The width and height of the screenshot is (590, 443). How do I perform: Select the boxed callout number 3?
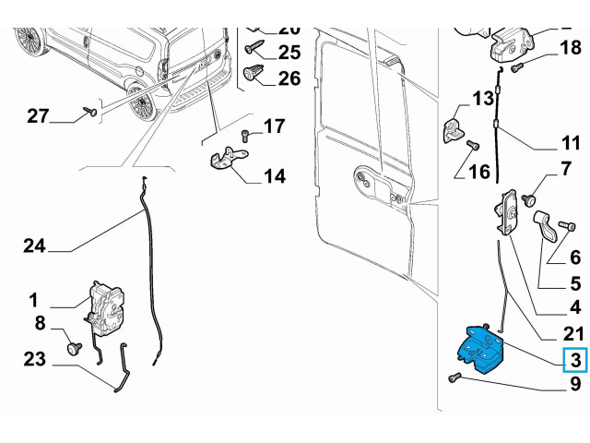click(x=574, y=359)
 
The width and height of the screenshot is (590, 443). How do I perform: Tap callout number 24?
click(x=34, y=245)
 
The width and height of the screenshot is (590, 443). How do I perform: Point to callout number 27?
click(x=37, y=115)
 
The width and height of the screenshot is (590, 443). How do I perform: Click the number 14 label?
click(x=274, y=175)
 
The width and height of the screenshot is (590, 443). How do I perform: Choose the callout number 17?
click(x=274, y=126)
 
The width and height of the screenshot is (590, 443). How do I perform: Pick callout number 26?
click(x=289, y=78)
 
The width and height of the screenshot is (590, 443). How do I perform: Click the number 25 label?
click(x=289, y=52)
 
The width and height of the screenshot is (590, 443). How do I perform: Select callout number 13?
click(x=484, y=99)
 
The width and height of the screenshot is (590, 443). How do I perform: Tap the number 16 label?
click(x=479, y=173)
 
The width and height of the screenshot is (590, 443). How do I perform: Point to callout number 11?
click(x=571, y=143)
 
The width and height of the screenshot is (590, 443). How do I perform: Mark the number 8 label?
click(x=40, y=323)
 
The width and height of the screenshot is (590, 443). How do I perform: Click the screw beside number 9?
click(x=454, y=377)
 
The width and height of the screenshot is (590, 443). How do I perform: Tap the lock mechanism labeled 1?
click(x=106, y=304)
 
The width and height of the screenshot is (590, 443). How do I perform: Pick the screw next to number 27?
click(x=90, y=111)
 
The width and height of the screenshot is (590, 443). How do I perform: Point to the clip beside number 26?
click(x=255, y=75)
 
